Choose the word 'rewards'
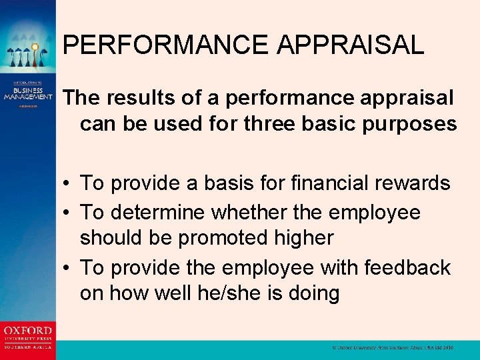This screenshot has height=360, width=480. point(421,183)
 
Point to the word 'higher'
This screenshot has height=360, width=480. point(303,238)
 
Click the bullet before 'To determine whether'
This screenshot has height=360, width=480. point(69,213)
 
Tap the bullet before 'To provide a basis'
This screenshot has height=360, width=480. point(69,183)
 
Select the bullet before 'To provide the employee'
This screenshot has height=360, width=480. point(69,268)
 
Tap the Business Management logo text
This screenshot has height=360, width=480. point(27,93)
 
